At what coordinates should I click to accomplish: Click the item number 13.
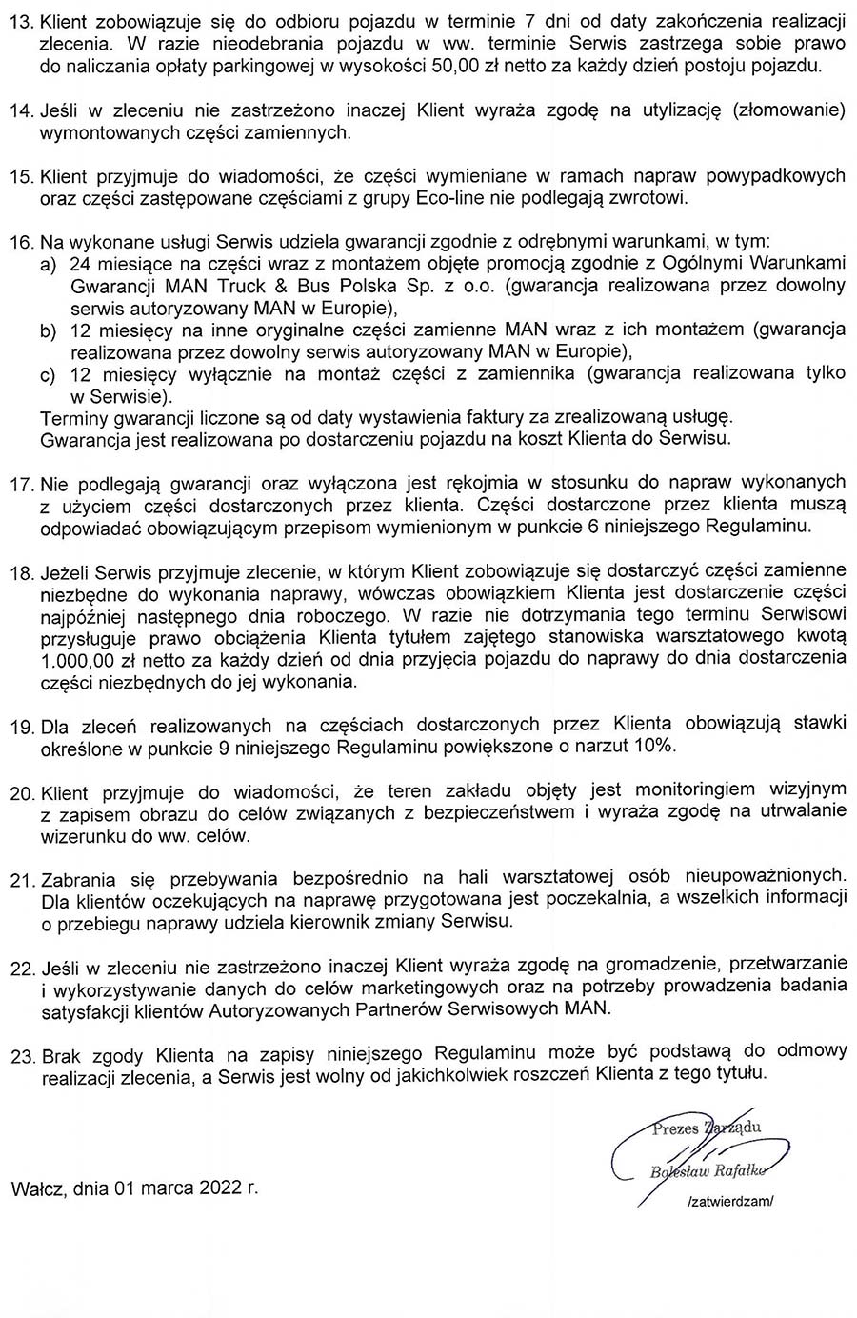(x=21, y=20)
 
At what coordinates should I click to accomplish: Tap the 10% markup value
(x=656, y=747)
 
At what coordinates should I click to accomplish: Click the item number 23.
(x=21, y=1054)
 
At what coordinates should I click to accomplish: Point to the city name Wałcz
(x=35, y=1188)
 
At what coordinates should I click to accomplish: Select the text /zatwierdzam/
(x=730, y=1202)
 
